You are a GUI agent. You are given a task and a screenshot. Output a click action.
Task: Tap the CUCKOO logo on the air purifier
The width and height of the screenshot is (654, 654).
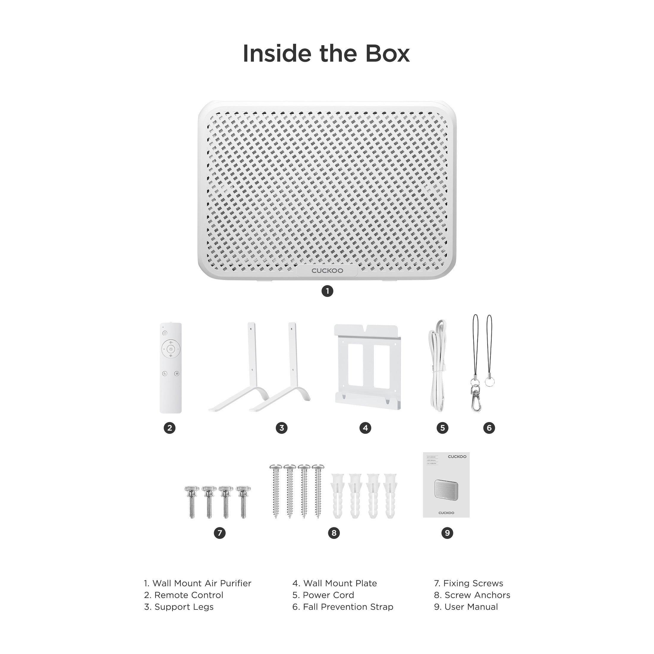(x=327, y=271)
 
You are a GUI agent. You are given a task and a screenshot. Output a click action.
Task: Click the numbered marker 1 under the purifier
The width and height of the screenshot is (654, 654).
(x=327, y=291)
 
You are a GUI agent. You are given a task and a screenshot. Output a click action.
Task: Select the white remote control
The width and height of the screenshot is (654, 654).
(x=170, y=368)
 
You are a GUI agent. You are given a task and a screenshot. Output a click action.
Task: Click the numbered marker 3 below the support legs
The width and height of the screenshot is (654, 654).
(x=281, y=428)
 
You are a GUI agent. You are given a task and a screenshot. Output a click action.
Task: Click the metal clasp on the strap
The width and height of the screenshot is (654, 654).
(x=476, y=400)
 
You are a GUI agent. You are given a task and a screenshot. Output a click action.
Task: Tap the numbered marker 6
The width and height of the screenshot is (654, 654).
(x=489, y=428)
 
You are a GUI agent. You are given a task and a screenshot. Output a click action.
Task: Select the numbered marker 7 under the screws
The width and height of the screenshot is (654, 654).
(x=219, y=533)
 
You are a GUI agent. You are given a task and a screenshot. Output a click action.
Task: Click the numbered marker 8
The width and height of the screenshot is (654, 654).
(x=334, y=533)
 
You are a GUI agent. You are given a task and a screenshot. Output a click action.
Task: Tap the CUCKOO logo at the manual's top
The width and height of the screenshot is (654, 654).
(x=457, y=457)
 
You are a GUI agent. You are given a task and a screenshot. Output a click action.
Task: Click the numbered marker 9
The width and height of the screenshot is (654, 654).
(x=447, y=533)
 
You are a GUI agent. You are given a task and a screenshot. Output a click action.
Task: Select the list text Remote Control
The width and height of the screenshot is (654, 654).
(x=188, y=595)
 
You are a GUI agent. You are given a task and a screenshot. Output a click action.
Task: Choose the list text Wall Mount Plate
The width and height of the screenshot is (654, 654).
(x=339, y=583)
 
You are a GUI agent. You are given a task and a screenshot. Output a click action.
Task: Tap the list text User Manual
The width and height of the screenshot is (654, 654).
(x=471, y=607)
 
